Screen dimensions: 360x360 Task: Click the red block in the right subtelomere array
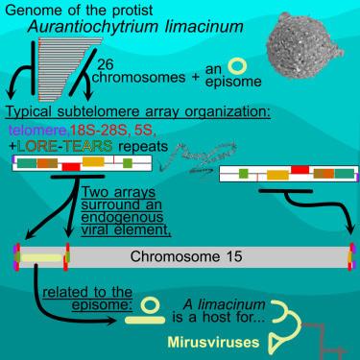299,169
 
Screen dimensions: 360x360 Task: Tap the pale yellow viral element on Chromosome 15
37,258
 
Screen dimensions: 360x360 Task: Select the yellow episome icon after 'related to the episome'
153,305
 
